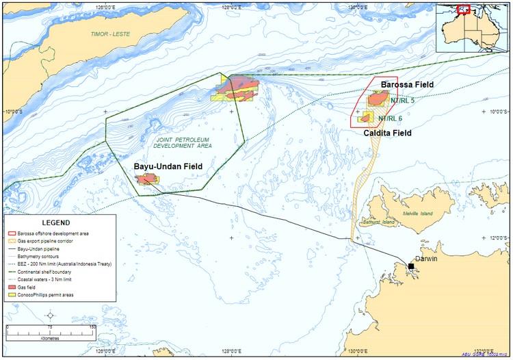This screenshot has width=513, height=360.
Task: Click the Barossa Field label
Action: [x=407, y=84]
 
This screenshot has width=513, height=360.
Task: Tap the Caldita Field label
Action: [x=387, y=133]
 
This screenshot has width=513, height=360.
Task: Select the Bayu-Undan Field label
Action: [x=168, y=166]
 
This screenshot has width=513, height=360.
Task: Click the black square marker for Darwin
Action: [x=411, y=266]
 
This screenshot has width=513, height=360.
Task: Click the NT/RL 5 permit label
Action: [x=402, y=100]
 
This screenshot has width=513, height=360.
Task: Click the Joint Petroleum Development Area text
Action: [x=182, y=142]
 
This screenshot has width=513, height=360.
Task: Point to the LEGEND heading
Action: [x=55, y=223]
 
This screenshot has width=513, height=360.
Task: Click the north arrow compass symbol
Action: [x=50, y=316]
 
